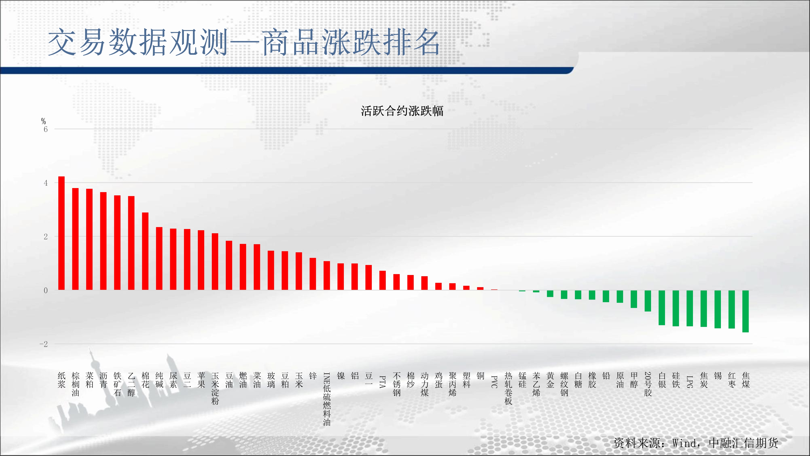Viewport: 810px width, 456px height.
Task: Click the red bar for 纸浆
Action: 61,233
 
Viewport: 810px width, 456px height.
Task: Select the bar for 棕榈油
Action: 76,239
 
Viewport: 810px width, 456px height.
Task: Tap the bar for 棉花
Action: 145,251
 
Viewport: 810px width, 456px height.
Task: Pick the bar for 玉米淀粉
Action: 215,261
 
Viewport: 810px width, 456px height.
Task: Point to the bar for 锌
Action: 313,274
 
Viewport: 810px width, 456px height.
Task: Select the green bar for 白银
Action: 662,307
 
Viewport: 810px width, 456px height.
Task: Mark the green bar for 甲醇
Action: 634,299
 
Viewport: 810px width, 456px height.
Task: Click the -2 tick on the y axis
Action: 44,344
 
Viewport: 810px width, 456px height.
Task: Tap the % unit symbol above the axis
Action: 43,121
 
